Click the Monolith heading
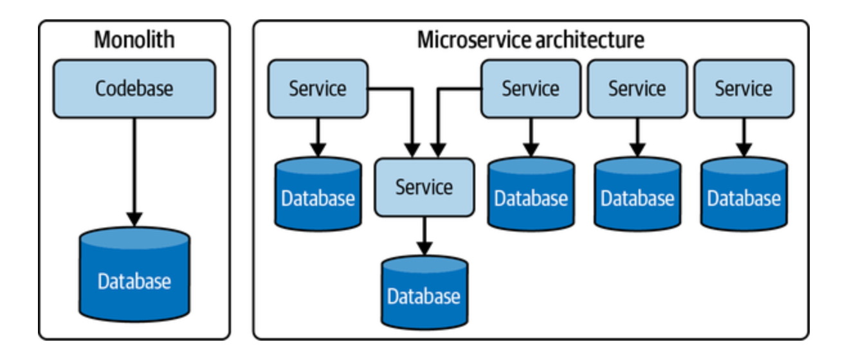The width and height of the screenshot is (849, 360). coord(134,40)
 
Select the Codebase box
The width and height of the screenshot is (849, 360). coord(134,89)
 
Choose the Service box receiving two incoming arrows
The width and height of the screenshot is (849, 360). coord(424,187)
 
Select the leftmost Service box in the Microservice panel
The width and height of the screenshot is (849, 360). coord(318,89)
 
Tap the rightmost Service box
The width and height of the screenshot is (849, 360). coord(744,89)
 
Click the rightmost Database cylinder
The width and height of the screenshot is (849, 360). coord(744,195)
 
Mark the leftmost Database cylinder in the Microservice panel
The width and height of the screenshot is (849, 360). coord(318,195)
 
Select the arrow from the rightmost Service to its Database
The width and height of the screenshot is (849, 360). coord(744,136)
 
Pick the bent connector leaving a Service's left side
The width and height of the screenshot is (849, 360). coord(457,89)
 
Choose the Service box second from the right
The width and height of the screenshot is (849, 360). coord(637,89)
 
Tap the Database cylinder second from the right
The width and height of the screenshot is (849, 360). coord(637,195)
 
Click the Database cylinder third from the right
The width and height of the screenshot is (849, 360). coord(531,195)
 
